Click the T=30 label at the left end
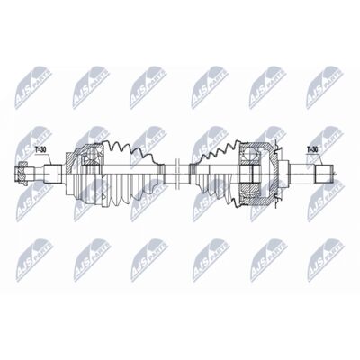[41, 149]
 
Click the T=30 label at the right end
[312, 149]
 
